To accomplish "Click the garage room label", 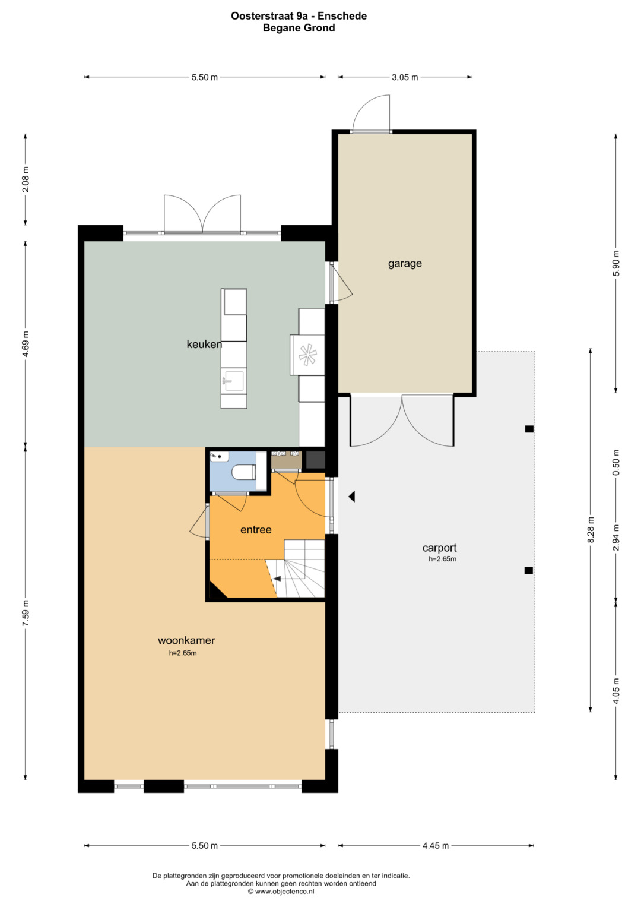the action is click(x=405, y=264).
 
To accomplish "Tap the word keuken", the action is click(x=204, y=344).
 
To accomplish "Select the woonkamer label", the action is click(x=186, y=640).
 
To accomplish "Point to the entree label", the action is click(x=256, y=530).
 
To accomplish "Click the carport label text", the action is click(x=439, y=548).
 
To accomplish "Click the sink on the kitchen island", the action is click(x=233, y=380).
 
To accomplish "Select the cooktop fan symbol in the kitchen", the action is click(x=307, y=354).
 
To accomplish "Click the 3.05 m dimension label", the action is click(x=405, y=77).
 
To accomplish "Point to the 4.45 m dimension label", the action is click(x=436, y=845).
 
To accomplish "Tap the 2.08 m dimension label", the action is click(x=26, y=179).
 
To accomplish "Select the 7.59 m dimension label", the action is click(x=26, y=612).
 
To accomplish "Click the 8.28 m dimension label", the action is click(x=591, y=530).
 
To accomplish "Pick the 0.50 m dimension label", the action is click(x=616, y=463).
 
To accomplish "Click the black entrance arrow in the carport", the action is click(x=351, y=497).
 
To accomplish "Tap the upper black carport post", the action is click(x=529, y=429).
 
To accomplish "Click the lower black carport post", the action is click(x=528, y=571).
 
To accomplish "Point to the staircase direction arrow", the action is click(x=277, y=579).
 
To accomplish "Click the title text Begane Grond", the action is click(x=299, y=28).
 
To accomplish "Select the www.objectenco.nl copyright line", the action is click(x=281, y=891).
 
